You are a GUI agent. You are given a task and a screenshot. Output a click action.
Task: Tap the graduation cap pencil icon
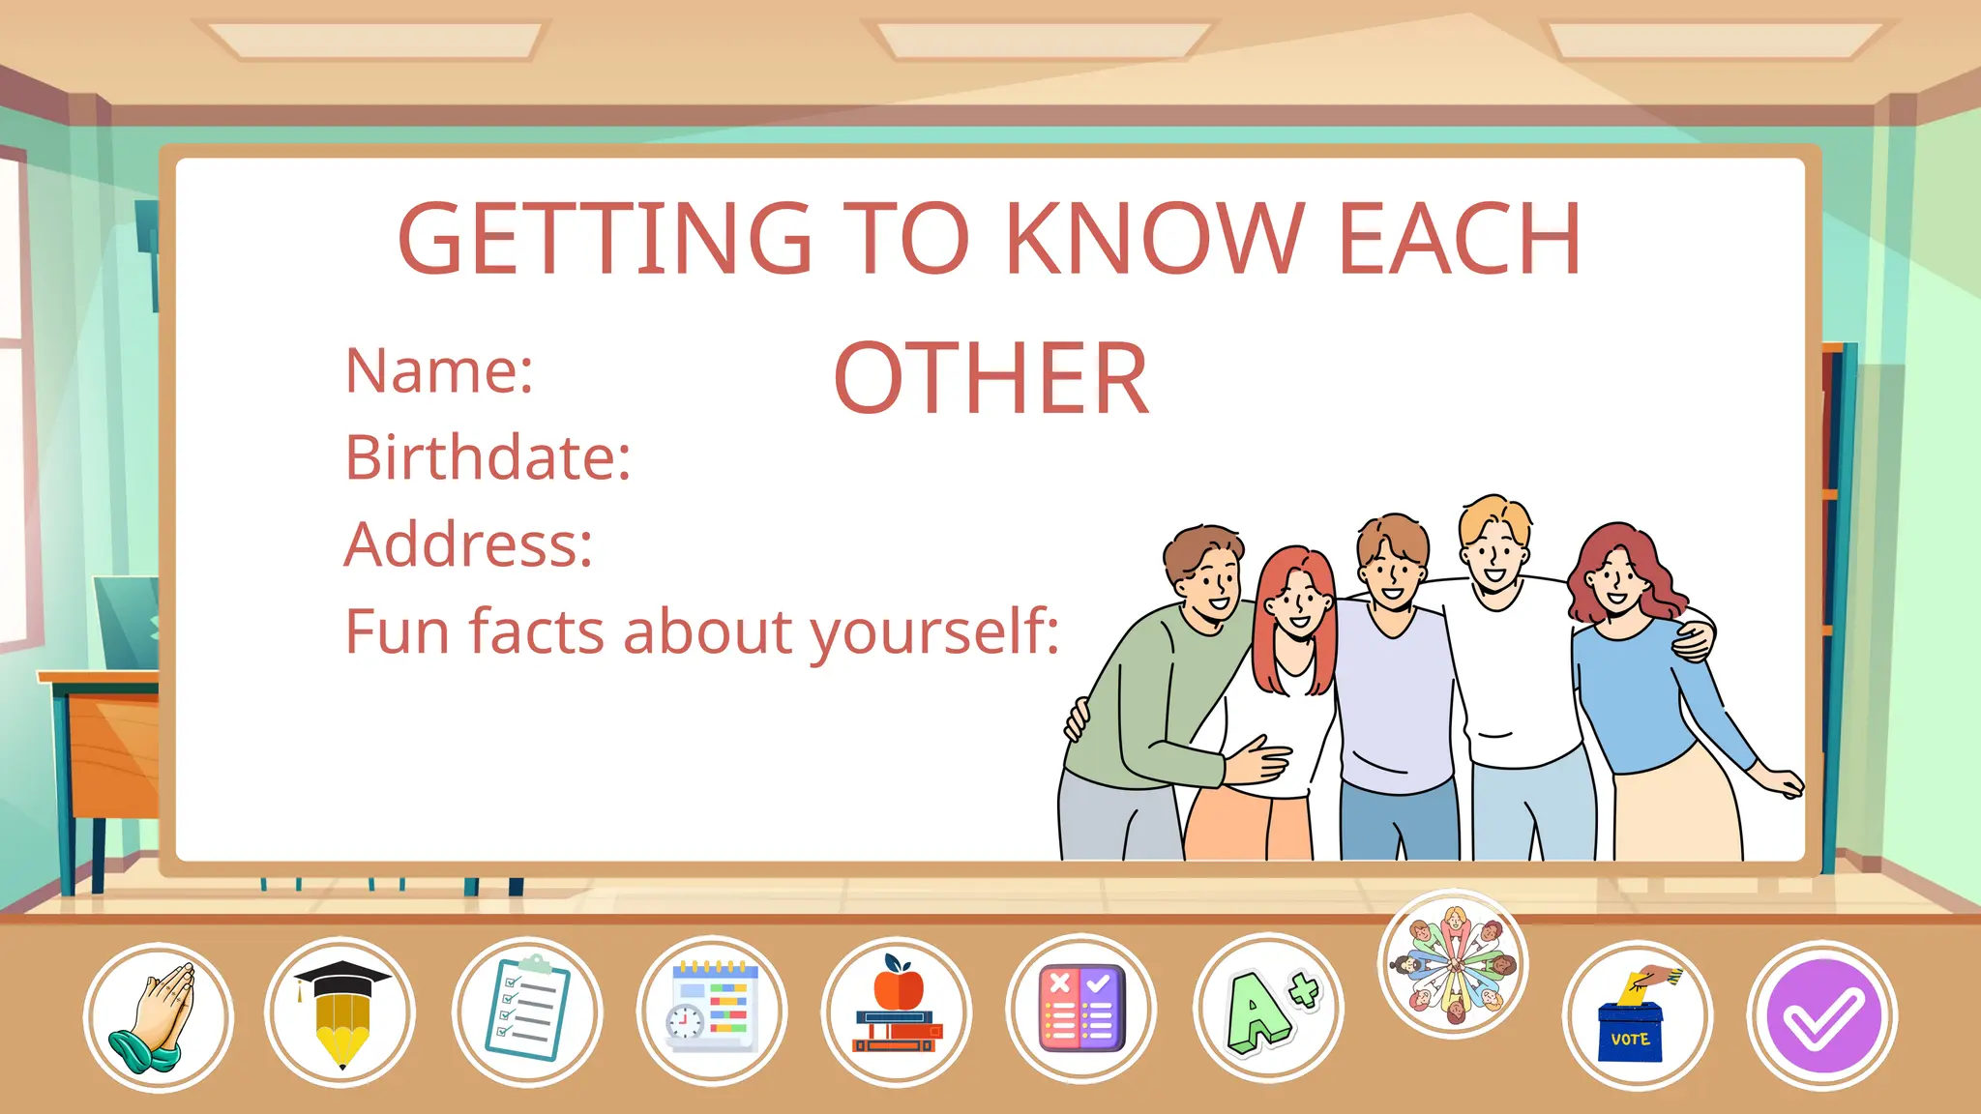pos(340,1013)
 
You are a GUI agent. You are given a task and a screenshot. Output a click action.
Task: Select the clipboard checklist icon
pos(527,1011)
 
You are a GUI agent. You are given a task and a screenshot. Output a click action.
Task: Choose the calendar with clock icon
pos(712,1011)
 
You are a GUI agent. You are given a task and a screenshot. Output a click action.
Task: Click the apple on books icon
pos(897,1010)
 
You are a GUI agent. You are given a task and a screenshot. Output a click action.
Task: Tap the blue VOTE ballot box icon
pos(1638,1015)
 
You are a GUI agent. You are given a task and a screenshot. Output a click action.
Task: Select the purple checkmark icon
pos(1822,1015)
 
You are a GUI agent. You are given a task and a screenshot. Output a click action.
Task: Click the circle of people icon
pos(1453,963)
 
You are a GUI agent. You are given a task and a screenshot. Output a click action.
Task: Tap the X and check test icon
pos(1081,1008)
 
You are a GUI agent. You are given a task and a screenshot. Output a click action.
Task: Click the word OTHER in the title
pos(991,379)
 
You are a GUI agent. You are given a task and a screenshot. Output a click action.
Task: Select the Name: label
pos(439,371)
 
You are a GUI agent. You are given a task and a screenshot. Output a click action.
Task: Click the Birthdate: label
pos(488,457)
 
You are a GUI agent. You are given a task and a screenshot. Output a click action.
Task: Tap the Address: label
pos(468,544)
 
